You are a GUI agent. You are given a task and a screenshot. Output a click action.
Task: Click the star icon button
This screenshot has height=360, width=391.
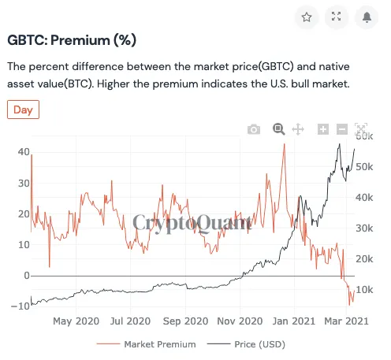click(307, 17)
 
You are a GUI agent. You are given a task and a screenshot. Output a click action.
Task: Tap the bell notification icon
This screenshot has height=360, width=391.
click(367, 17)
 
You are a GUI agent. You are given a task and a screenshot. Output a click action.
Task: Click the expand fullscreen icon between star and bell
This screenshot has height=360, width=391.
click(337, 17)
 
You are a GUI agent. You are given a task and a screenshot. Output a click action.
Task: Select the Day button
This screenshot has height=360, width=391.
click(23, 109)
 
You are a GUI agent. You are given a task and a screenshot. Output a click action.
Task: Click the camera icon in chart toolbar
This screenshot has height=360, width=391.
click(253, 129)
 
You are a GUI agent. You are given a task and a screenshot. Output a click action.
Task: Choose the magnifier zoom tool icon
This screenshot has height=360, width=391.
click(278, 129)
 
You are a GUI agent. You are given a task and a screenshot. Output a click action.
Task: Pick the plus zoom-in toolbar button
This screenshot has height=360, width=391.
click(323, 129)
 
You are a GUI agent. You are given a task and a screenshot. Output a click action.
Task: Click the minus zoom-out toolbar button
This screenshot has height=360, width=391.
click(342, 129)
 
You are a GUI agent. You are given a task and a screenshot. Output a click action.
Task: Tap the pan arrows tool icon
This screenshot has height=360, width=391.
click(299, 129)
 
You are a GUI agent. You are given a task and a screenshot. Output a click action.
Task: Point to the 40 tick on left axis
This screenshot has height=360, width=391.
click(23, 152)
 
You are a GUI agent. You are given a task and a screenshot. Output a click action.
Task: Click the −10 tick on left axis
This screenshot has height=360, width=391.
click(20, 306)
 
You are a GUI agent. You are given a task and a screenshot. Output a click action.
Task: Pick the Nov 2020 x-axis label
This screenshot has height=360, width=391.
click(239, 321)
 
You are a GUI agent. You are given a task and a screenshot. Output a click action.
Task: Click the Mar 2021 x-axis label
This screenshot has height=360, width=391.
click(347, 321)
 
